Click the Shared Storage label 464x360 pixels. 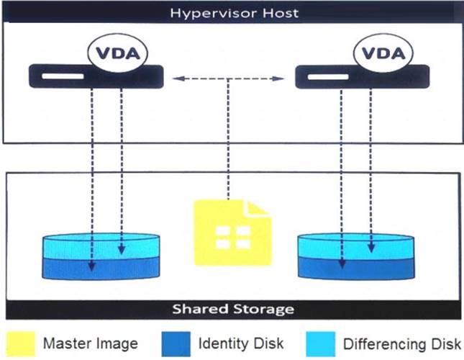click(x=233, y=310)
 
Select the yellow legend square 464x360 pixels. click(x=21, y=342)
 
